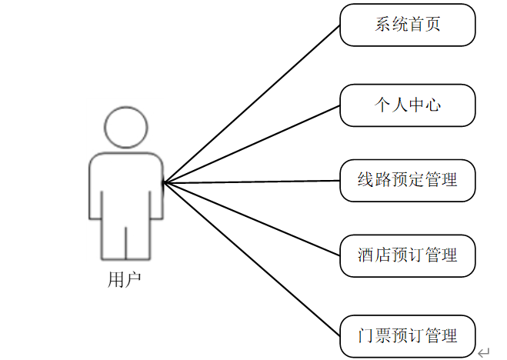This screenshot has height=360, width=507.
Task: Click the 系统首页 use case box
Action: [x=408, y=25]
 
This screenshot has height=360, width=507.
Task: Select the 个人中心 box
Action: [x=408, y=105]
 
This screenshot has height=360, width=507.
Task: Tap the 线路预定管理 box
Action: [x=408, y=180]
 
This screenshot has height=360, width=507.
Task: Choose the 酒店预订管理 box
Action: [x=408, y=255]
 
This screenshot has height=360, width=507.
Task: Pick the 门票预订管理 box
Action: [x=408, y=335]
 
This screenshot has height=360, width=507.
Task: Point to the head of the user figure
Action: [x=125, y=126]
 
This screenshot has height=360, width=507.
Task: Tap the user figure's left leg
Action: [x=112, y=238]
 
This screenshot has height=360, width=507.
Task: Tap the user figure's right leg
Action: [x=138, y=238]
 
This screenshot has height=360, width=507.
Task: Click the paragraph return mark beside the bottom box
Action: [x=483, y=352]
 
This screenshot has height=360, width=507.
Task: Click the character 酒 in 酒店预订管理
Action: [x=366, y=255]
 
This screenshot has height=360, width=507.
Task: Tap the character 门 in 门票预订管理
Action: [x=366, y=335]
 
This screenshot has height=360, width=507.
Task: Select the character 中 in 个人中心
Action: [x=416, y=105]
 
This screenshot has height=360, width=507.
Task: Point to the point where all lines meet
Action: [x=164, y=182]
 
